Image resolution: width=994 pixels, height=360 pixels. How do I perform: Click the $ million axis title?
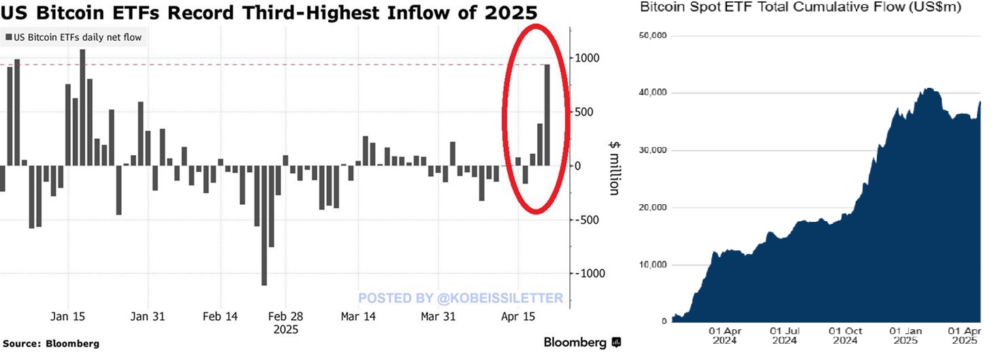[x=613, y=167]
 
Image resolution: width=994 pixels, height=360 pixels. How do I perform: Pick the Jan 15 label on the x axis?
[x=68, y=316]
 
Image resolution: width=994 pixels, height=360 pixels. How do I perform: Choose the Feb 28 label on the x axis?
[x=286, y=316]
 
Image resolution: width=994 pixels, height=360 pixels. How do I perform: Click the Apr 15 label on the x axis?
[x=518, y=316]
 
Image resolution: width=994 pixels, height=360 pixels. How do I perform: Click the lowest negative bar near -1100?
[x=264, y=225]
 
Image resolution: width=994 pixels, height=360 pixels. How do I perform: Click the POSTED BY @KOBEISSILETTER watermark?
[x=460, y=298]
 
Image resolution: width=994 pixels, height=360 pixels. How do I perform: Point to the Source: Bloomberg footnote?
[x=51, y=344]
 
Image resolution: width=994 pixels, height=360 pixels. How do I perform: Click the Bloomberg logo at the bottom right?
[x=582, y=342]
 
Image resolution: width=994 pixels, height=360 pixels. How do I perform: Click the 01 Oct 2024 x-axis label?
[x=845, y=335]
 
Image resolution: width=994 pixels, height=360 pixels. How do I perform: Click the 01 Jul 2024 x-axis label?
[x=784, y=335]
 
